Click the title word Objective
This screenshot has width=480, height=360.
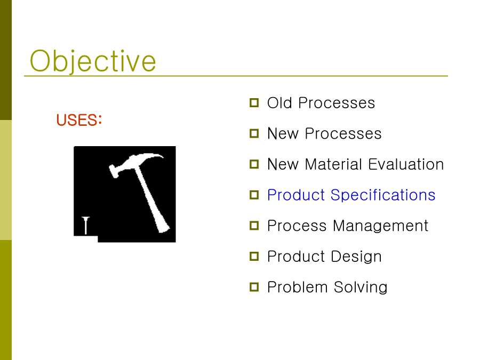pyautogui.click(x=93, y=61)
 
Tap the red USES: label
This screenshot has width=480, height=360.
pyautogui.click(x=79, y=120)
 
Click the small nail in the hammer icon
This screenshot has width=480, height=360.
pyautogui.click(x=86, y=225)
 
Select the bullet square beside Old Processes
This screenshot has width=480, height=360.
pyautogui.click(x=254, y=102)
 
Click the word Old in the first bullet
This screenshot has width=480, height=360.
pyautogui.click(x=279, y=102)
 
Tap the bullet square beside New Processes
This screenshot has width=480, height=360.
pyautogui.click(x=254, y=133)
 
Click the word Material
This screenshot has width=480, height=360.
pyautogui.click(x=334, y=164)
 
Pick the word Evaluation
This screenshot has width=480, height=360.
pyautogui.click(x=406, y=164)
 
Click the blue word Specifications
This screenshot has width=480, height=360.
pyautogui.click(x=383, y=195)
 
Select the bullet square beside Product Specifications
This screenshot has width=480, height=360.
pyautogui.click(x=254, y=195)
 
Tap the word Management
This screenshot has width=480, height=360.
pyautogui.click(x=380, y=226)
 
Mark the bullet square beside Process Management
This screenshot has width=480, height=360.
pyautogui.click(x=254, y=226)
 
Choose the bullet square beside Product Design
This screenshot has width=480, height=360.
pyautogui.click(x=254, y=256)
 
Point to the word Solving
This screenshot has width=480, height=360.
pyautogui.click(x=361, y=287)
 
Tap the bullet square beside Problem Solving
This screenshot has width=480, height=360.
pyautogui.click(x=254, y=287)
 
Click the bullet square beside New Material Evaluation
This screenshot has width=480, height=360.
pyautogui.click(x=254, y=164)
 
